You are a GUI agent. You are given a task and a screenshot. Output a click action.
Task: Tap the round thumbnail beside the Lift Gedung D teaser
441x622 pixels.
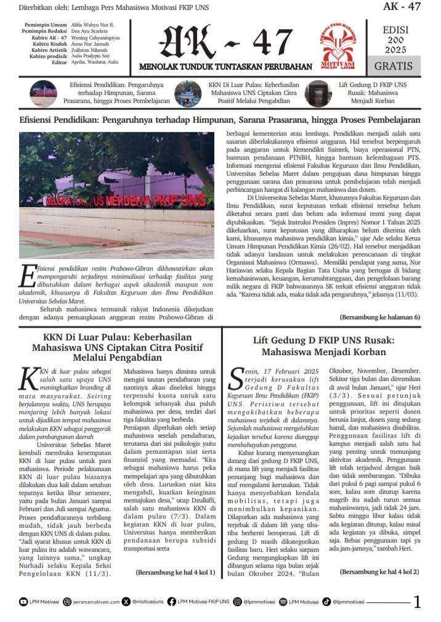(x=318, y=93)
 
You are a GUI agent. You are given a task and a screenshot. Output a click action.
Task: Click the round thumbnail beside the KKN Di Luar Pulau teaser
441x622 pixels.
(x=187, y=93)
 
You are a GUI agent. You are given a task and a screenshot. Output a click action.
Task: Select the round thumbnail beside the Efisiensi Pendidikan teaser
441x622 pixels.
(x=44, y=93)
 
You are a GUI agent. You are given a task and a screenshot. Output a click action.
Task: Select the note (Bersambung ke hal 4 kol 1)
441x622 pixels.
(x=175, y=572)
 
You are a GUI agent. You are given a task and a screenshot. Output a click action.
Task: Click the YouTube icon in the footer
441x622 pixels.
(x=23, y=602)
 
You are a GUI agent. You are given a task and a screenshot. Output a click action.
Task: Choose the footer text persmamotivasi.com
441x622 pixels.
(x=94, y=602)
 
